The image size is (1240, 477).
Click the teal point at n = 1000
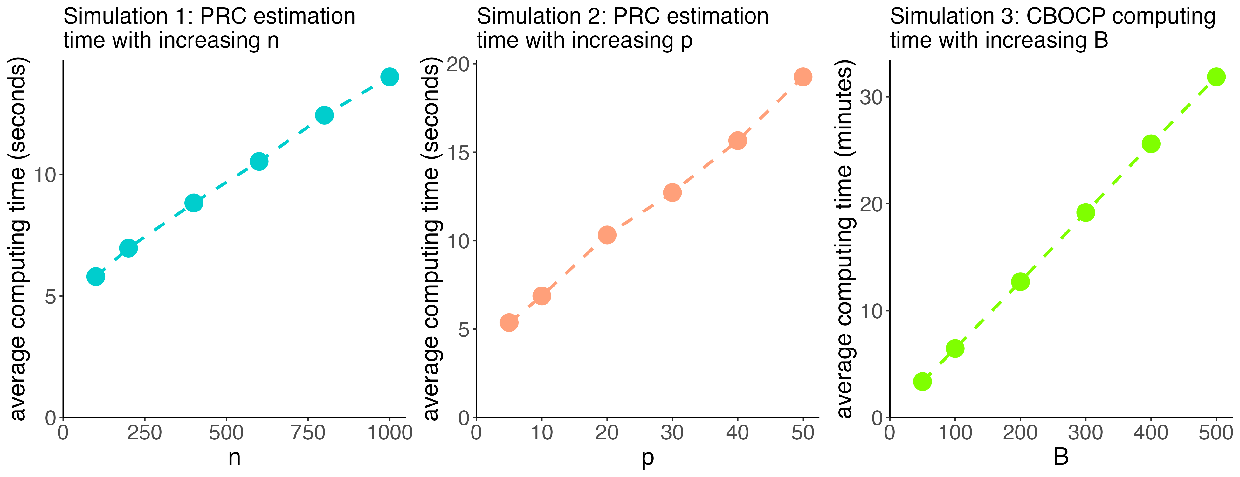389,77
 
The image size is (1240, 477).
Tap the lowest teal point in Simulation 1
96,277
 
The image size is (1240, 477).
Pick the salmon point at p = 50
803,77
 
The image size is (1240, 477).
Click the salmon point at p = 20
607,235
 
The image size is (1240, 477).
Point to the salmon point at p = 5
509,322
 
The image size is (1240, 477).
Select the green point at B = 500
1216,77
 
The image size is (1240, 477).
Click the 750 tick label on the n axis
308,433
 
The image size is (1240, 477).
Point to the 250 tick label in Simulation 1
144,433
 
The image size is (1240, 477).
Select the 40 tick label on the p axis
737,433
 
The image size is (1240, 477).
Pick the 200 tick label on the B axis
1020,433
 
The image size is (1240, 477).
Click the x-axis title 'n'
234,457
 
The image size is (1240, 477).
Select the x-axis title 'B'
1061,457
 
